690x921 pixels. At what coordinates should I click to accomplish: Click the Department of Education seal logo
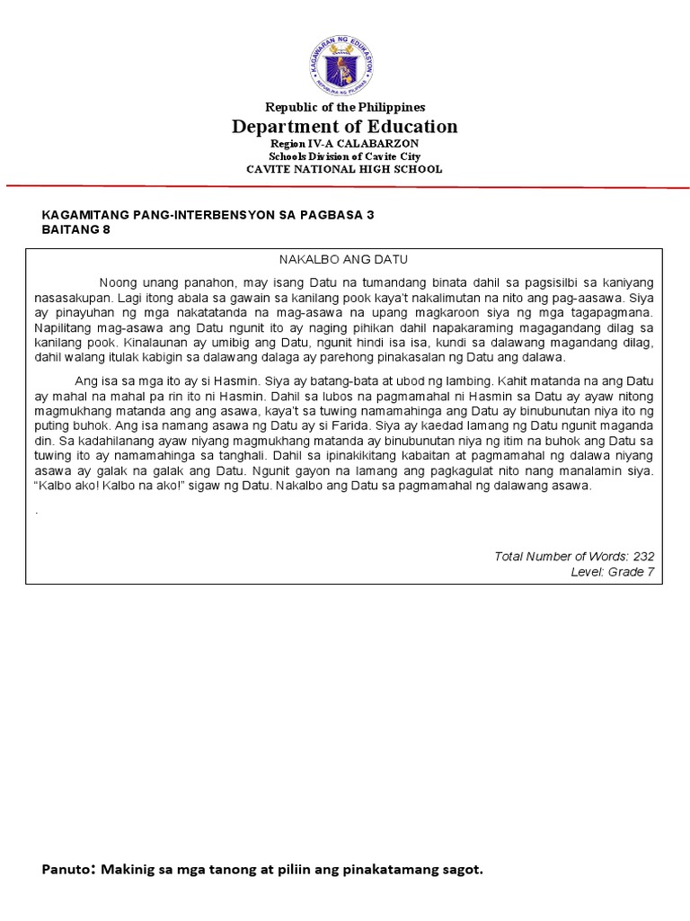(x=345, y=64)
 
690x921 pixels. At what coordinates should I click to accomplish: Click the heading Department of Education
(x=345, y=127)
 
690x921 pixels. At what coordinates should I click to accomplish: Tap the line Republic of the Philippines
(x=345, y=107)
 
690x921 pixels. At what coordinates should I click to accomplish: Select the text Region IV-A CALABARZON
(x=345, y=144)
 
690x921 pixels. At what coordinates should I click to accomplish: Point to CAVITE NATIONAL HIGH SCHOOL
(x=345, y=169)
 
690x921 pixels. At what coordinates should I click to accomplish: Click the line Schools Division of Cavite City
(x=345, y=156)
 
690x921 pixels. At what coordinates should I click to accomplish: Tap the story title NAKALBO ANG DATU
(x=344, y=259)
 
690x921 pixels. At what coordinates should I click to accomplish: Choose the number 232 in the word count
(x=643, y=557)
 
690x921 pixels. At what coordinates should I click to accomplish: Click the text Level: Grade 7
(x=613, y=572)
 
